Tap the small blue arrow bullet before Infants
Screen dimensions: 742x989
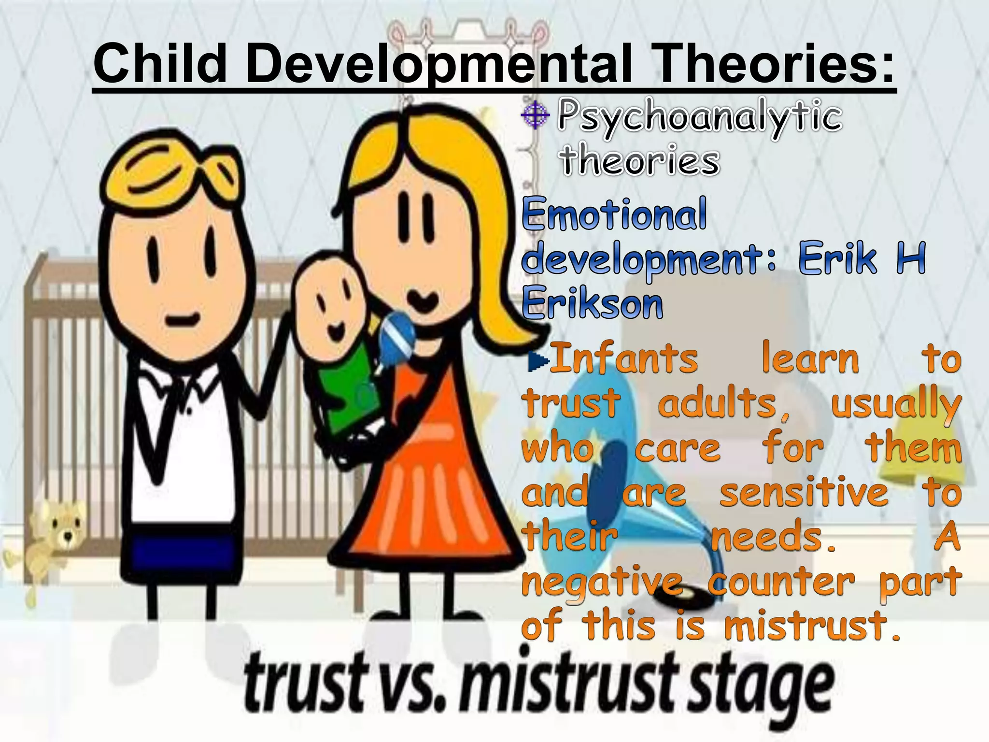click(x=538, y=359)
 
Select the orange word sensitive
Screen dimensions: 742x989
click(x=804, y=493)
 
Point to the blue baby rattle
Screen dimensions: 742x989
click(x=396, y=333)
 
